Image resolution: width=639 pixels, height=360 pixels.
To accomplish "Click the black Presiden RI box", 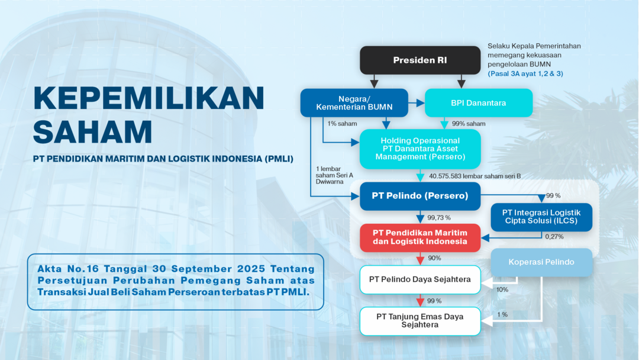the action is point(420,60).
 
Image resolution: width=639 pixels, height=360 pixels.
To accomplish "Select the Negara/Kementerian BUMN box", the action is point(354,103).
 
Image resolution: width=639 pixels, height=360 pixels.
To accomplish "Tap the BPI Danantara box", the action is point(479,103).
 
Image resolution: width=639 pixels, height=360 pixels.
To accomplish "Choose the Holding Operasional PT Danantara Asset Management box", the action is point(420,149).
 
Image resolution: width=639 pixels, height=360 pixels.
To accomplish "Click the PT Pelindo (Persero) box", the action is point(420,196).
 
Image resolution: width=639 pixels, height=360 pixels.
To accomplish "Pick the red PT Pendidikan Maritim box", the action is point(420,237).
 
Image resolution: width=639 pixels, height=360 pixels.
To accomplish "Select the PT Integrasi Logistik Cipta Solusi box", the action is point(541,217).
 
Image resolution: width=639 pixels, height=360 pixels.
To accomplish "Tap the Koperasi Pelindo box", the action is point(541,262).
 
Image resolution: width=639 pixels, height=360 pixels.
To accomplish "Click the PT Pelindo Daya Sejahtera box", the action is point(420,279).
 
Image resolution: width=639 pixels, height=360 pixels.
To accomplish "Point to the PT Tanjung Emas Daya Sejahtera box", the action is point(420,322).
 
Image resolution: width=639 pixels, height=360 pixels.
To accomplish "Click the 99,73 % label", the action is point(439,218).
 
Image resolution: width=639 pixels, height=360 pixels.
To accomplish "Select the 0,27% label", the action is point(554,236).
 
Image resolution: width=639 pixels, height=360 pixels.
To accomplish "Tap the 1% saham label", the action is point(343,124).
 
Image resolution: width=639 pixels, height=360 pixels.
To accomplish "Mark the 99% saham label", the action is point(469,124).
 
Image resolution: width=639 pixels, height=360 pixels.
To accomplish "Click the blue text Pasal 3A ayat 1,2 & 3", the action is point(525,74).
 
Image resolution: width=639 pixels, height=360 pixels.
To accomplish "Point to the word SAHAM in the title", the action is point(92,131).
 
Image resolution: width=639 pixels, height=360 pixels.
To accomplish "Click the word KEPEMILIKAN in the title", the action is point(149,98).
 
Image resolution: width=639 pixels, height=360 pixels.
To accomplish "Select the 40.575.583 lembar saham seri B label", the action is point(475,176).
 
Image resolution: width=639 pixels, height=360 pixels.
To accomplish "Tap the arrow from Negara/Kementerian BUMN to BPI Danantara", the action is point(417,103).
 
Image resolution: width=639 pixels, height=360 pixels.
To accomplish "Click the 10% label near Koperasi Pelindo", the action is point(502,290).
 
